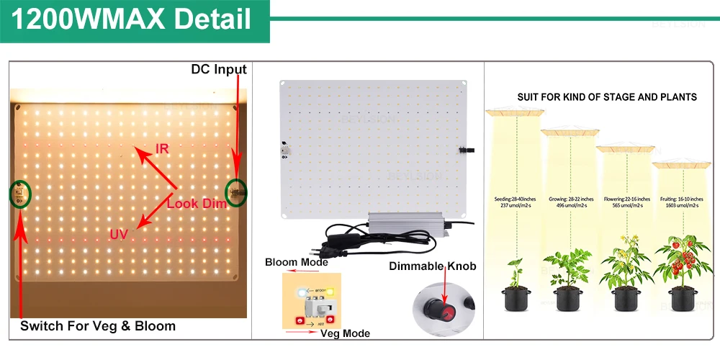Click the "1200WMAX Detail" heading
[132, 19]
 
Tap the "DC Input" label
[219, 70]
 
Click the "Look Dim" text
[197, 204]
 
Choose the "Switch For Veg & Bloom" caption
[98, 326]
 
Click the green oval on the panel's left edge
[20, 193]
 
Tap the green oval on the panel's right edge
[235, 192]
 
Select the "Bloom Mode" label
[296, 262]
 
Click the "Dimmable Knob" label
[433, 266]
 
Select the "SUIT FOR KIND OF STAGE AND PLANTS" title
[607, 96]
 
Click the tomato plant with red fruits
[678, 259]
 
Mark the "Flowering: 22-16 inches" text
[624, 199]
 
